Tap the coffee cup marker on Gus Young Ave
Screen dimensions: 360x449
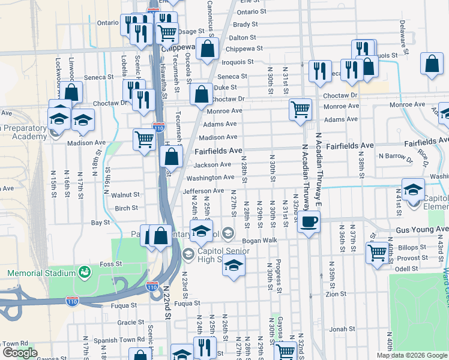pyautogui.click(x=309, y=222)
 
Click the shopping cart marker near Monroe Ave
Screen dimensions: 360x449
pyautogui.click(x=300, y=109)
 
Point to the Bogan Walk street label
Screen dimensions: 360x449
pyautogui.click(x=259, y=240)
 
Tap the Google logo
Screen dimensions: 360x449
pyautogui.click(x=20, y=353)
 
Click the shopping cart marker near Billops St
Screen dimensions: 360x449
pyautogui.click(x=378, y=253)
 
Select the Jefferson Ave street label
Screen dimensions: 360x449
pyautogui.click(x=203, y=191)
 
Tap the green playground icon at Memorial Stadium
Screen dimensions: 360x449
pyautogui.click(x=84, y=273)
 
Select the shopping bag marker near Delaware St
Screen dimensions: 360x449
pyautogui.click(x=432, y=64)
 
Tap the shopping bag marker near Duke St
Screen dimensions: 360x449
pyautogui.click(x=200, y=94)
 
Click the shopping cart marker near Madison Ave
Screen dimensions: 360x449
pyautogui.click(x=144, y=140)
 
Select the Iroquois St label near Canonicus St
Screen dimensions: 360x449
pyautogui.click(x=238, y=62)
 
